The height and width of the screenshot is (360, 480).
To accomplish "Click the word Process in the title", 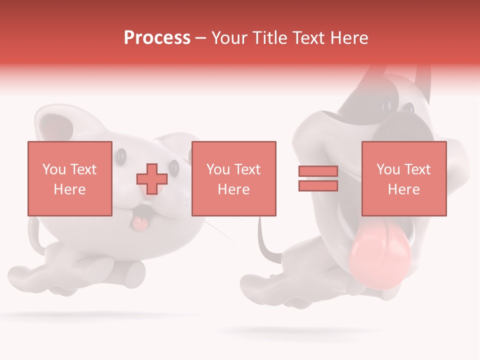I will [157, 37].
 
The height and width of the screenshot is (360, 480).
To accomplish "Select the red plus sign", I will [152, 178].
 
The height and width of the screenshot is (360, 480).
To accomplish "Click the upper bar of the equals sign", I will [318, 171].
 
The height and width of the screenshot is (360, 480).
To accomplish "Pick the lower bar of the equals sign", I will [318, 185].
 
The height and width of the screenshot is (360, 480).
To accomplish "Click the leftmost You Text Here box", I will [70, 178].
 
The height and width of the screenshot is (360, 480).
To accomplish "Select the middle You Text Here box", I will [234, 178].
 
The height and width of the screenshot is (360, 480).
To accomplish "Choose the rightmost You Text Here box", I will [404, 178].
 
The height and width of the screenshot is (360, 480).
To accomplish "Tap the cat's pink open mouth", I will [139, 223].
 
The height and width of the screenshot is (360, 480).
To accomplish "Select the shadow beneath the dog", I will [300, 331].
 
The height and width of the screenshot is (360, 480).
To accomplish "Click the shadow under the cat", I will [100, 316].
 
